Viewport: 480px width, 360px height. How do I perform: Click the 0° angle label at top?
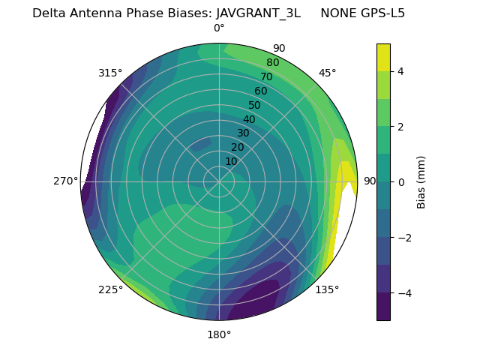(x=219, y=28)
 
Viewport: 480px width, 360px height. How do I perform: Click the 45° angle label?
(x=327, y=73)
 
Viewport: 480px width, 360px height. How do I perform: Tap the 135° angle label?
(x=327, y=289)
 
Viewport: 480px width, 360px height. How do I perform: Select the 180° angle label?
(x=219, y=334)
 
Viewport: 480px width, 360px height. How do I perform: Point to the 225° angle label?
(x=110, y=289)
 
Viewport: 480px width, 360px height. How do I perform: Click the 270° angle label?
(x=66, y=181)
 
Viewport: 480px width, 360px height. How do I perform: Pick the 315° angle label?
(x=110, y=73)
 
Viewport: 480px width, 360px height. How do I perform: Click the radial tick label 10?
(x=231, y=161)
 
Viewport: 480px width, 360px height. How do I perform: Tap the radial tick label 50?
(x=254, y=106)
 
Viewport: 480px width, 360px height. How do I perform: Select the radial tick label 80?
(x=272, y=63)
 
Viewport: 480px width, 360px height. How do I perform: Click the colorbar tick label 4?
(x=400, y=71)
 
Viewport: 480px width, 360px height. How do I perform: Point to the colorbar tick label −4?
(x=403, y=292)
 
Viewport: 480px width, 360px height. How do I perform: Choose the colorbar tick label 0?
(x=400, y=182)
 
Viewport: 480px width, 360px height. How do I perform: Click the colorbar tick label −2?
(x=403, y=238)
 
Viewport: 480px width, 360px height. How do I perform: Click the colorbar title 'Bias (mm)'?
(x=421, y=182)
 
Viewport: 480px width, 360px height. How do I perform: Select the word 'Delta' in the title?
(x=48, y=13)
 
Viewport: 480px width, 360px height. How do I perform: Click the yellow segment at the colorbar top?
(x=383, y=57)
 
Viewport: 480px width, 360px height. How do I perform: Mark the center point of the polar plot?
(x=219, y=181)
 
